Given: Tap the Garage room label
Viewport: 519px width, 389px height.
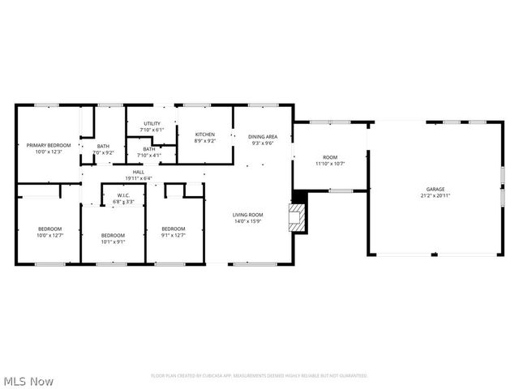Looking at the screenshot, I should [435, 189].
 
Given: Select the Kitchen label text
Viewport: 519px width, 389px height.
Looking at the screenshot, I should [204, 134].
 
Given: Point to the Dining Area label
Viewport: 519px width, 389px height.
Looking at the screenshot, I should [263, 136].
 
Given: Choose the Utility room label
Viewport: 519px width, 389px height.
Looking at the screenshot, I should [152, 123].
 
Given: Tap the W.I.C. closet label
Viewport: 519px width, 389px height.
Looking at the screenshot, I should [124, 194].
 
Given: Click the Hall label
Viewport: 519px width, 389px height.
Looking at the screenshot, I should [139, 172].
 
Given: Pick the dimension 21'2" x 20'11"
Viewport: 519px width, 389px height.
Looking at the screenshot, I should [435, 195].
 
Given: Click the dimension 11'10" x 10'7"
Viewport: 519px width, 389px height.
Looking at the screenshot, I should [330, 163].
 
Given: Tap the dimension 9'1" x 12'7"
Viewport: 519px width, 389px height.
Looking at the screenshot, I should [174, 235].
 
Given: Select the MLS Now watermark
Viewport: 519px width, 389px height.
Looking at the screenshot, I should [29, 380].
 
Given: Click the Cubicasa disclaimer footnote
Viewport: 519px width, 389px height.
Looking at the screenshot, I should [259, 375].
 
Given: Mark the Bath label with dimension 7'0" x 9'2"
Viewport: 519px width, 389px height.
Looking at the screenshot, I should [103, 146].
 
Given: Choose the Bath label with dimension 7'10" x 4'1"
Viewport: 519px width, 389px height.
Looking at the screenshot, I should [149, 148].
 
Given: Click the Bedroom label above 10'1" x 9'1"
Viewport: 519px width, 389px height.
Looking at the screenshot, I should [113, 234].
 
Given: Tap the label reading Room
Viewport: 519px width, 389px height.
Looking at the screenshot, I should [330, 156].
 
